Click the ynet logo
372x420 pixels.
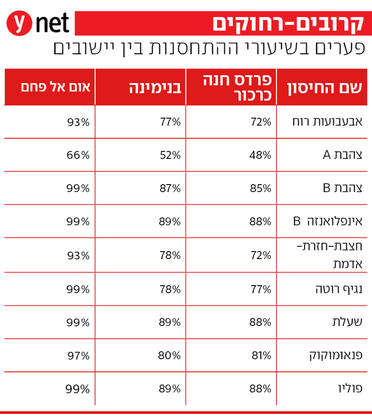[x=38, y=24]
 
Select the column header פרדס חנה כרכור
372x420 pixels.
[x=237, y=87]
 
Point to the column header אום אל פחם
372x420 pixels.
[x=56, y=87]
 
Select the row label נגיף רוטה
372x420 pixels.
[x=338, y=289]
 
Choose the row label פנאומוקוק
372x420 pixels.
[x=335, y=356]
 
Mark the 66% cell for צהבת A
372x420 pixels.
[x=78, y=155]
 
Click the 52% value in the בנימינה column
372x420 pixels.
[x=169, y=155]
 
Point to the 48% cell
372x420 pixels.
[x=260, y=155]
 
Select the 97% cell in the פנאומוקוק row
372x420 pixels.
[x=78, y=356]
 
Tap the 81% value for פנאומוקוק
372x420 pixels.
[x=261, y=356]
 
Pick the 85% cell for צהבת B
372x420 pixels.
[x=260, y=188]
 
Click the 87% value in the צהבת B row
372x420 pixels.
[x=169, y=188]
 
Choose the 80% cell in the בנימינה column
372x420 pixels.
[x=169, y=356]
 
